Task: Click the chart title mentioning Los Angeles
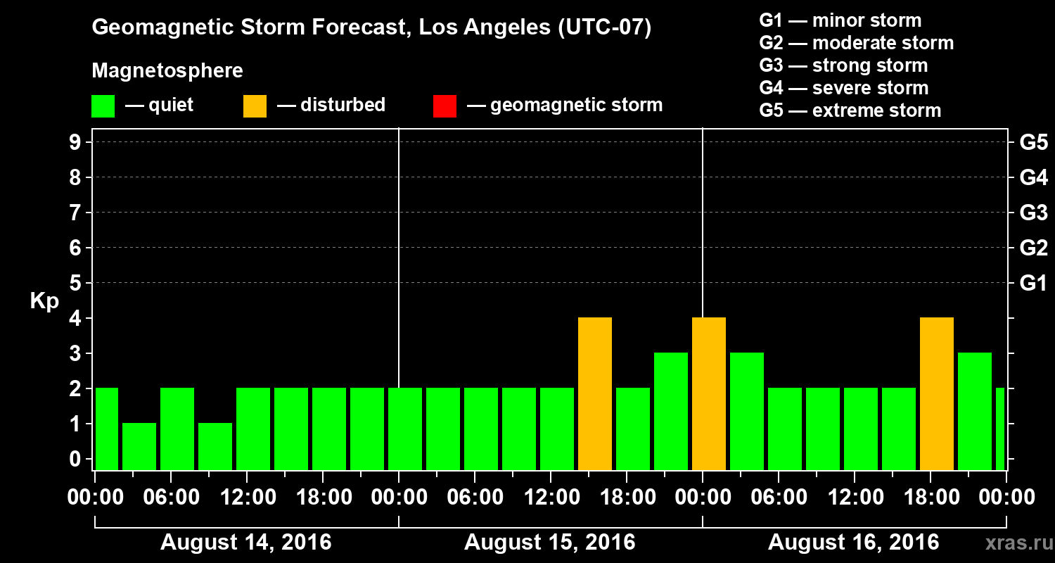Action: click(x=371, y=28)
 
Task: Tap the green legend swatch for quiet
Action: click(x=103, y=106)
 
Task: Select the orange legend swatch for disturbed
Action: click(x=255, y=106)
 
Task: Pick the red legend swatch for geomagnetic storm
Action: click(x=445, y=106)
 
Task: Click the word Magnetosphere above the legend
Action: click(x=167, y=71)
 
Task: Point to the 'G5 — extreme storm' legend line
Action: click(x=850, y=110)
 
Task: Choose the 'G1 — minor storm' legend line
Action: click(x=840, y=20)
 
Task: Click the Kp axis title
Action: click(x=44, y=301)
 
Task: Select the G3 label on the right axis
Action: click(x=1033, y=213)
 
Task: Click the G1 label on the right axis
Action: click(x=1033, y=284)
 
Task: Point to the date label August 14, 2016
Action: click(x=246, y=543)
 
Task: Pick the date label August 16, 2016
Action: click(x=853, y=543)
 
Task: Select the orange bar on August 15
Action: click(x=595, y=394)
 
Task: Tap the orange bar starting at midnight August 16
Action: click(x=709, y=394)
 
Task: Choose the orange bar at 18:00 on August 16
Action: click(x=937, y=394)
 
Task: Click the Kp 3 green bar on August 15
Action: click(x=671, y=412)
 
